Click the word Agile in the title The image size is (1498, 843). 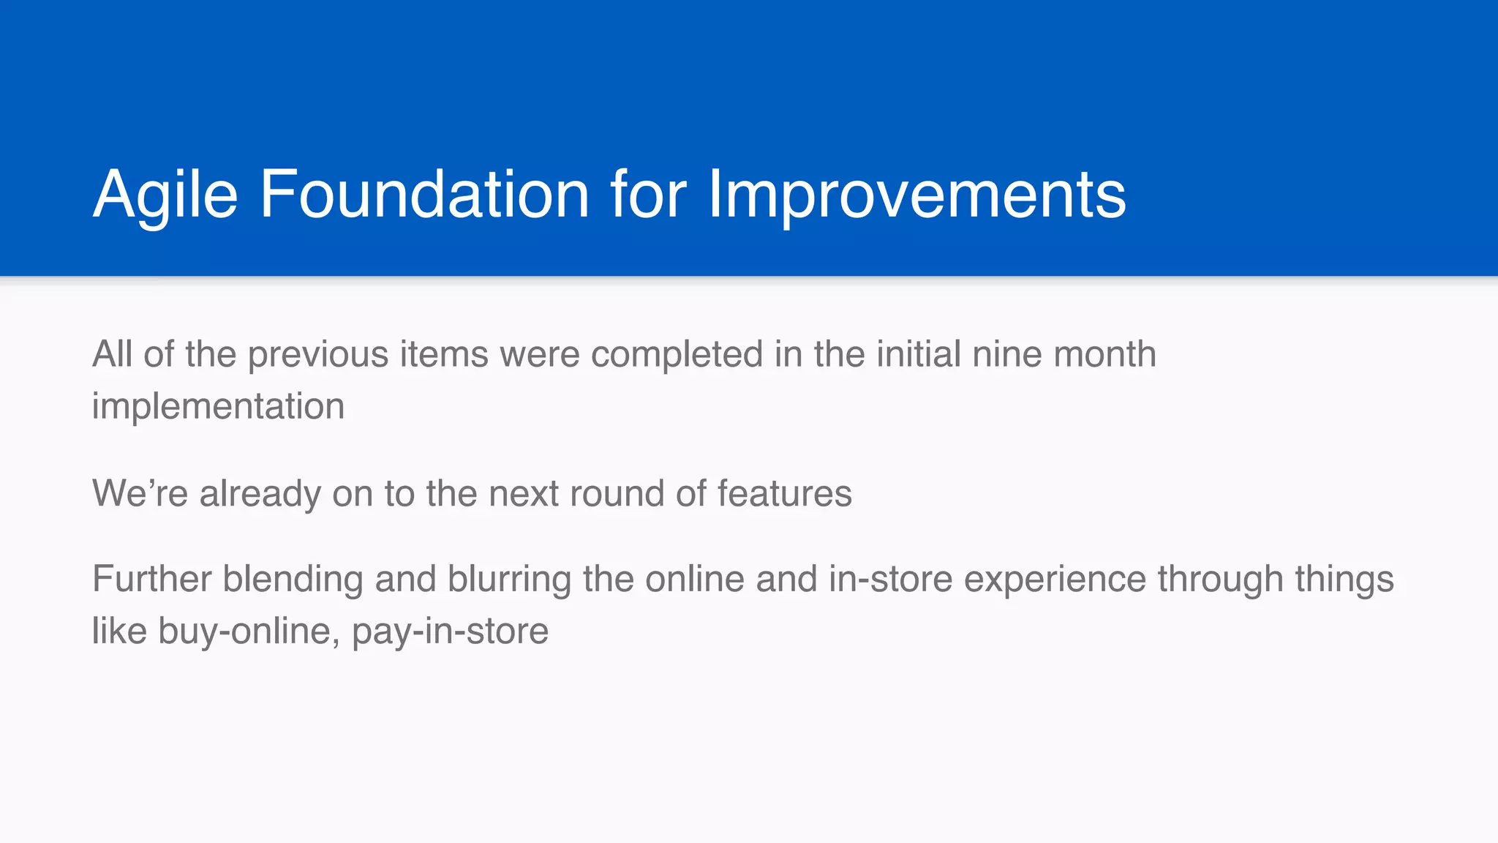165,195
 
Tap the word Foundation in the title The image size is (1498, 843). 424,195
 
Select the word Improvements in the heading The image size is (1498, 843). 917,195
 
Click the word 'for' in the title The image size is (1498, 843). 648,195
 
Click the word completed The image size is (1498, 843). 677,355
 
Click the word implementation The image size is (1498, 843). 218,407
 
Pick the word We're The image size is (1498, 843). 140,493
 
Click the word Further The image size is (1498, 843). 151,580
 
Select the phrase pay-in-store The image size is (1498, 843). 450,632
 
